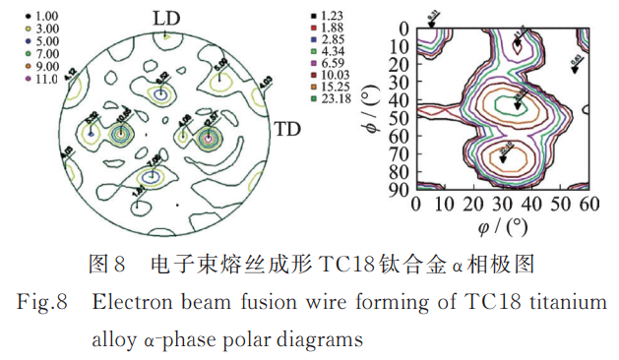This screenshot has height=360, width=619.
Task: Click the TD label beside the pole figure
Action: click(286, 129)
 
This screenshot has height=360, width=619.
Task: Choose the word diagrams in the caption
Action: click(322, 340)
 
